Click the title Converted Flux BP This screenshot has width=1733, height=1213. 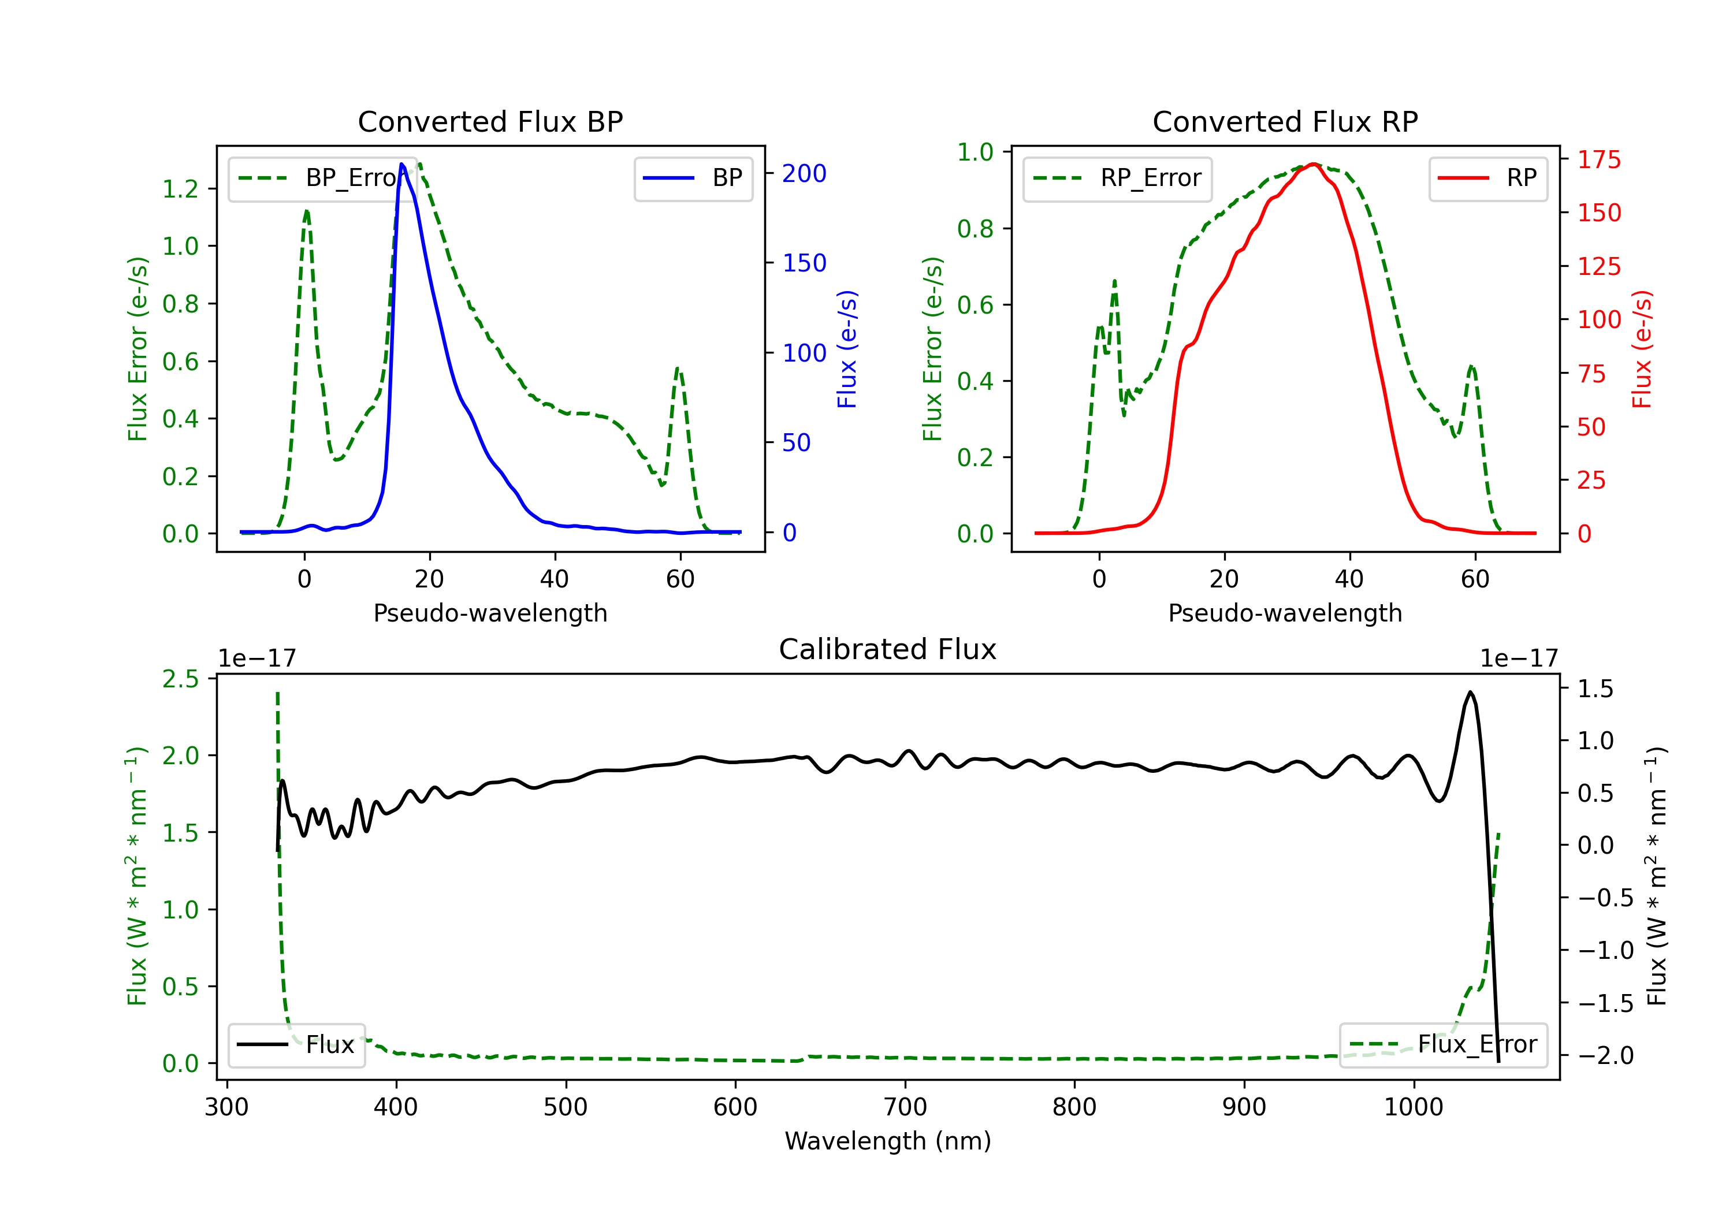tap(490, 121)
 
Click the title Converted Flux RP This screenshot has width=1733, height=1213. tap(1285, 121)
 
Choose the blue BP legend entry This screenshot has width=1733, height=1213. tap(693, 178)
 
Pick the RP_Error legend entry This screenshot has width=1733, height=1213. tap(1117, 178)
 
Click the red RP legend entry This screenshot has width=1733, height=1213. tap(1487, 178)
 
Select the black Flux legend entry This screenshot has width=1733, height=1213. tap(296, 1045)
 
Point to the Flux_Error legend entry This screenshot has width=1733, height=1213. tap(1442, 1045)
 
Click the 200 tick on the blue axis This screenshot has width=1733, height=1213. tap(804, 174)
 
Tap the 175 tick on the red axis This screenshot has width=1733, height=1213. tap(1598, 159)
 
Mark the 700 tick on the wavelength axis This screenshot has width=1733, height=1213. tap(905, 1107)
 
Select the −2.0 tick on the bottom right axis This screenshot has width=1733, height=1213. tap(1605, 1055)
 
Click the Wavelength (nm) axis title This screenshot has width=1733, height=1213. tap(888, 1141)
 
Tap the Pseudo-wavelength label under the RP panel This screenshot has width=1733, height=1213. tap(1285, 613)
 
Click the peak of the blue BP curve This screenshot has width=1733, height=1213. tap(402, 164)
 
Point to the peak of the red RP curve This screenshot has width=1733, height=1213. tap(1314, 164)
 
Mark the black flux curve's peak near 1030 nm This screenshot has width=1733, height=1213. tap(1470, 692)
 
